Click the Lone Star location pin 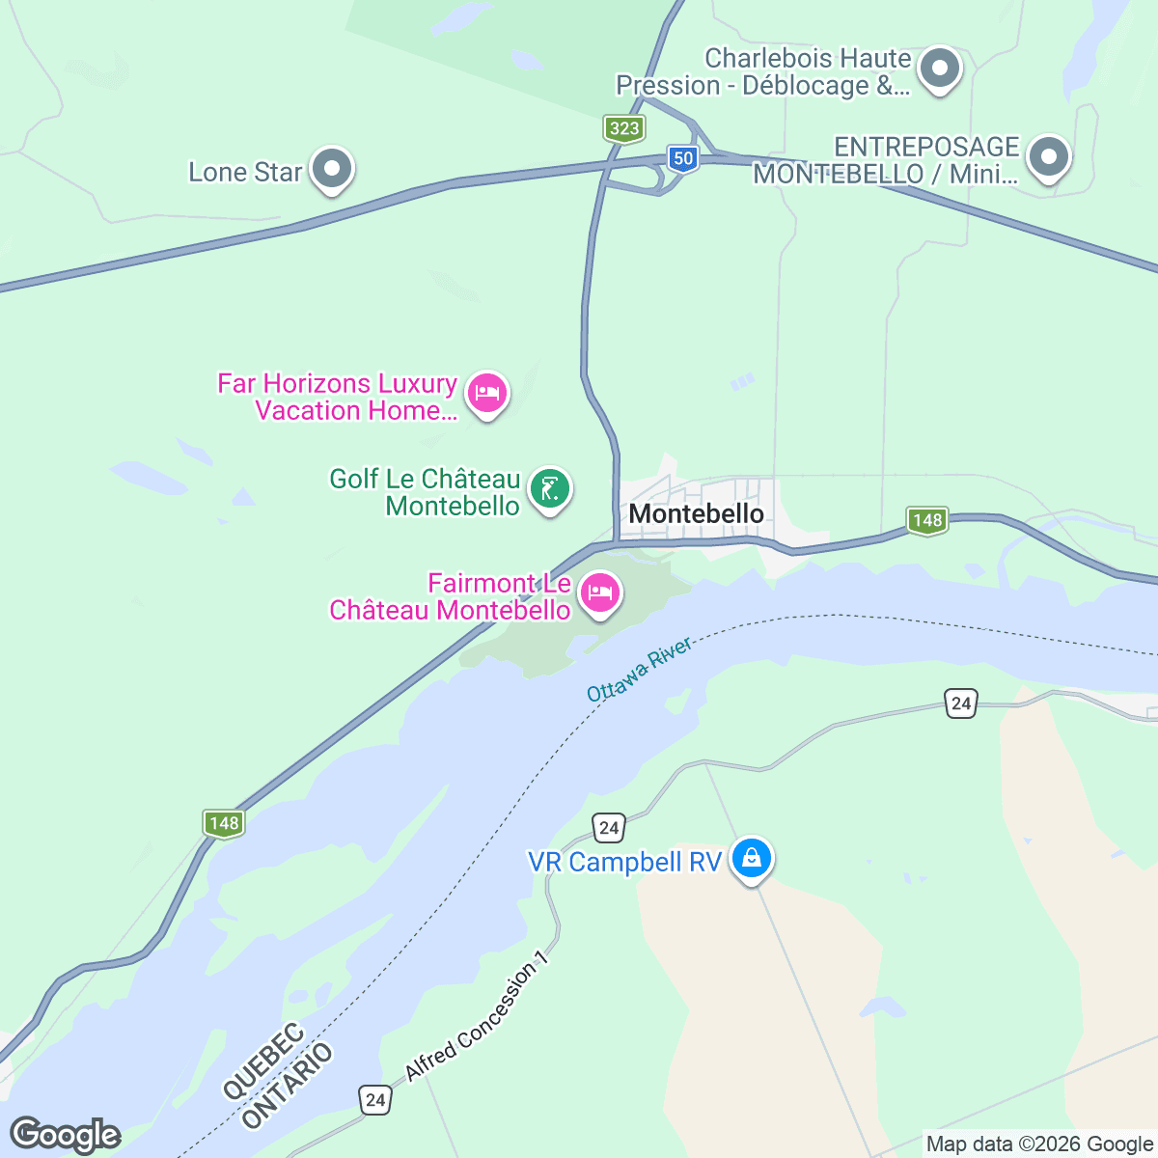tap(332, 169)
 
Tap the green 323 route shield tap(624, 128)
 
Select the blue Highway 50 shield tap(683, 158)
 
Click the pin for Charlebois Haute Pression tap(938, 69)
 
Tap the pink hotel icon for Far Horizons tap(486, 393)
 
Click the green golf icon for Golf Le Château tap(550, 489)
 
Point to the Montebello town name tap(696, 513)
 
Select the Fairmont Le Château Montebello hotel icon tap(600, 593)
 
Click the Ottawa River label tap(639, 669)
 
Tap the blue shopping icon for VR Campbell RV tap(751, 857)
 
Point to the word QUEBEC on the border tap(263, 1061)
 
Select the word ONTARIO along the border tap(287, 1086)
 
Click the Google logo tap(65, 1135)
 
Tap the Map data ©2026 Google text tap(1040, 1144)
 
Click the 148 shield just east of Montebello tap(926, 520)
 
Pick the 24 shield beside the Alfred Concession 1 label tap(375, 1099)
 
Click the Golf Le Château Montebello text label tap(426, 492)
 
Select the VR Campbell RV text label tap(624, 862)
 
